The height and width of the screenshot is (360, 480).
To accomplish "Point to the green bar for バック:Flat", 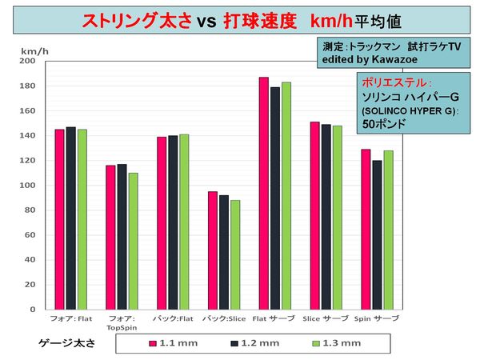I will click(x=184, y=222).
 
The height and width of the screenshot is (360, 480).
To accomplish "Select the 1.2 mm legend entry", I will click(x=252, y=343).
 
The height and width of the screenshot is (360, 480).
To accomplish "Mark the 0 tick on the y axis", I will click(x=31, y=310).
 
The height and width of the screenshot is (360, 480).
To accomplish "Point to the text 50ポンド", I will click(x=382, y=125).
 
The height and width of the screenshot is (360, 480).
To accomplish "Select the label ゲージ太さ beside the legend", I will click(x=67, y=342).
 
